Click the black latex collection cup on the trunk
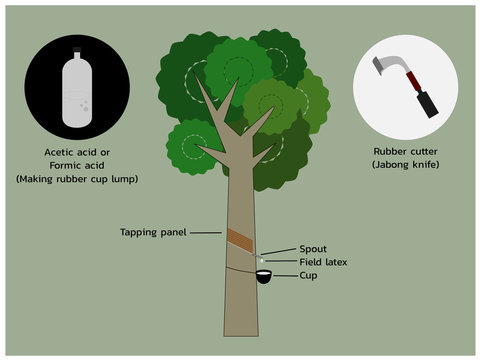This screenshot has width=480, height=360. point(264,278)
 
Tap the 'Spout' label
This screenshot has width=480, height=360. point(313,248)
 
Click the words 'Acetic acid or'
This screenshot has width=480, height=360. point(76,151)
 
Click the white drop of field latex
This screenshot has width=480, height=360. point(262,259)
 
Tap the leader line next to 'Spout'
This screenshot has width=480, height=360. point(280,249)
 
